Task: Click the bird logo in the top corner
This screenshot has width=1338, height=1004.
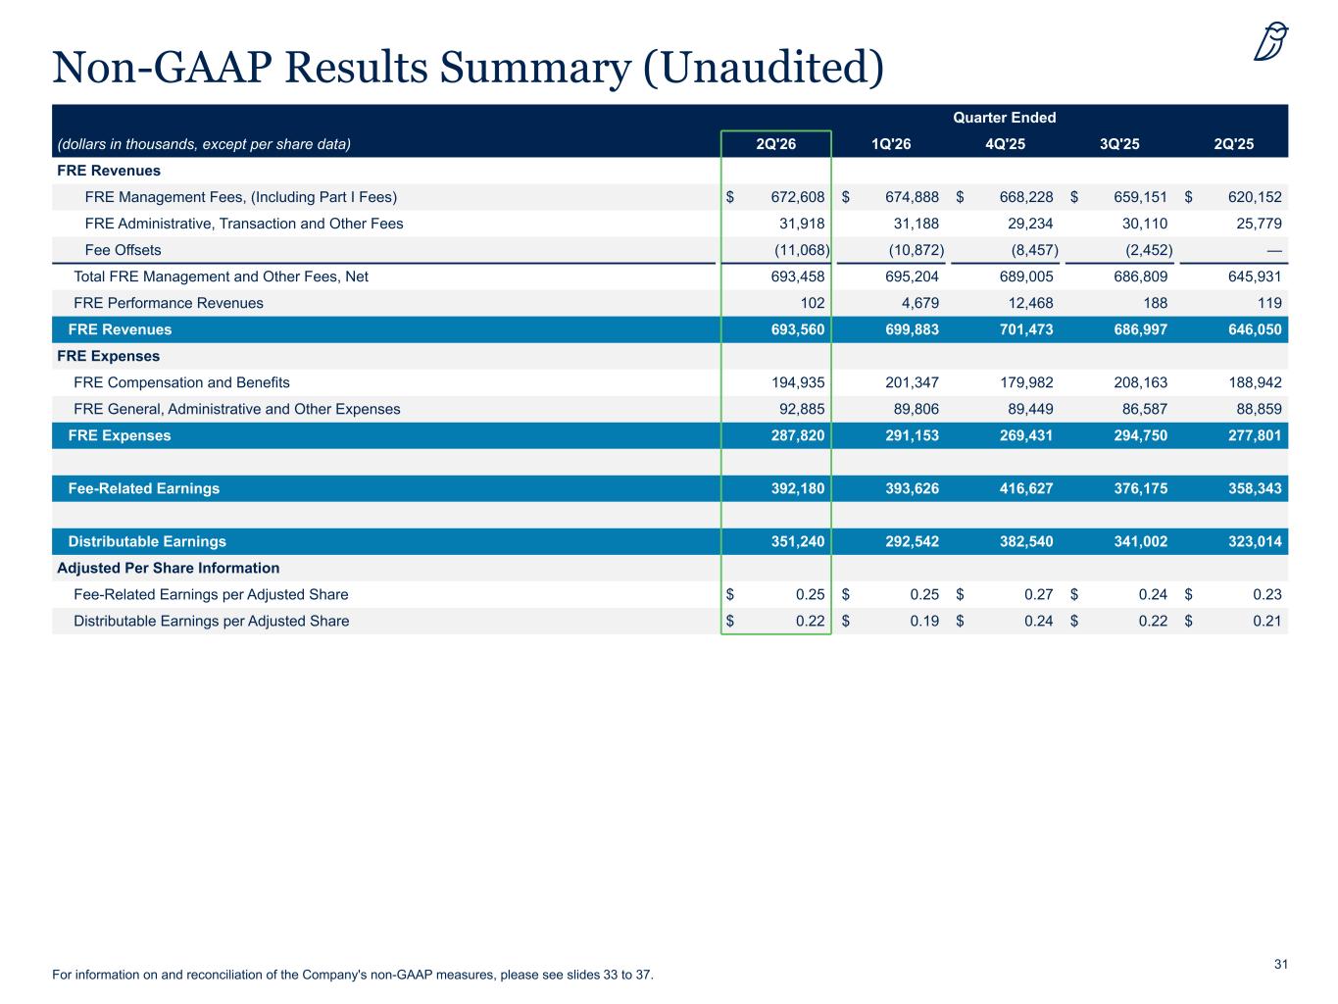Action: [1271, 41]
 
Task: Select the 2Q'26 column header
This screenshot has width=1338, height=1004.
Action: [775, 144]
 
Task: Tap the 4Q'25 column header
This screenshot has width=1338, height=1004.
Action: [1005, 144]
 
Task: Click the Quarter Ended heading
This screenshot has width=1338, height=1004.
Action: [1004, 118]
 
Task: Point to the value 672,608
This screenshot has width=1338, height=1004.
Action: [797, 197]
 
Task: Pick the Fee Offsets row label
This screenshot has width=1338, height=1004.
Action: [124, 250]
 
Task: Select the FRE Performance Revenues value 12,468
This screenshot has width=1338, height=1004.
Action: [1030, 303]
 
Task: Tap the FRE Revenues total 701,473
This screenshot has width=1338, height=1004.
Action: [1026, 329]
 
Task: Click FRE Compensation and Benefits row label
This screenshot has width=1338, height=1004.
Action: [181, 382]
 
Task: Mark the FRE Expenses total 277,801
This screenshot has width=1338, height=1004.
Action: [1255, 436]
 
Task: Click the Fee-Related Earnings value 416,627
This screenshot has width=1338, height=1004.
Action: [1026, 488]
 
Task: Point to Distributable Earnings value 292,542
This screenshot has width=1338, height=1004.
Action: [912, 541]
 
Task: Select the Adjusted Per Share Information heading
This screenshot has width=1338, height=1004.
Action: [169, 568]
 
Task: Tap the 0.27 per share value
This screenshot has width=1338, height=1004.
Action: [1039, 594]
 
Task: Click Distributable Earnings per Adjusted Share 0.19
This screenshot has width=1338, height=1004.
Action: [924, 622]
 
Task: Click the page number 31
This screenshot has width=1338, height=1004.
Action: [1281, 964]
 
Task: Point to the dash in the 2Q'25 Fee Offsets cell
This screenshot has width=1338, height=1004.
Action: [1274, 251]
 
